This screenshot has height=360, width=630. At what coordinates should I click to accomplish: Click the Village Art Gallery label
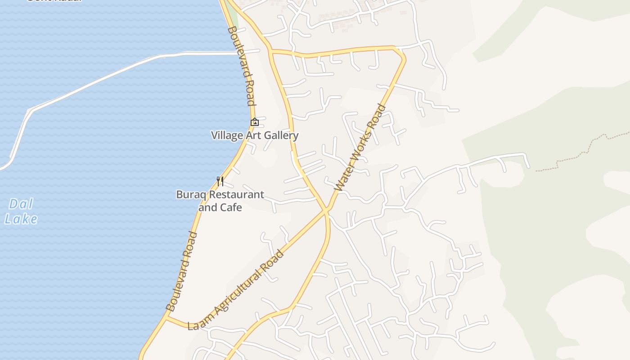[255, 135]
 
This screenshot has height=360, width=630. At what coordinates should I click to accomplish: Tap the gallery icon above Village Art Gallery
[255, 122]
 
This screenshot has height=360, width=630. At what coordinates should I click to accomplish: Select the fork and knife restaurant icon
[220, 181]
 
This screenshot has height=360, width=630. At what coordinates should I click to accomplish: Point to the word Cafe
[231, 207]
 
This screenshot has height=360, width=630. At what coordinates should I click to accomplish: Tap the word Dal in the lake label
[21, 204]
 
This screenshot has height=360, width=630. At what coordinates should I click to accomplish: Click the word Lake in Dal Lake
[21, 219]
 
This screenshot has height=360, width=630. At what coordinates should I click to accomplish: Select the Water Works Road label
[361, 148]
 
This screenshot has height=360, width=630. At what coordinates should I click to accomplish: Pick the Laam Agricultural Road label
[236, 290]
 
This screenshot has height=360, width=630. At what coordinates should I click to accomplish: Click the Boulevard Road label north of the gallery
[241, 66]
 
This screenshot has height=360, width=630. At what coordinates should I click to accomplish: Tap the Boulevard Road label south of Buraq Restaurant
[182, 271]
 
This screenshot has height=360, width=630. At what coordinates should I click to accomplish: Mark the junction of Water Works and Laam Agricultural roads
[326, 210]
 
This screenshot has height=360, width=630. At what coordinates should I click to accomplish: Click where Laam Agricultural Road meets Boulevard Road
[166, 318]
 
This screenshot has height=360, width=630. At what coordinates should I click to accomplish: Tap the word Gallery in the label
[281, 135]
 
